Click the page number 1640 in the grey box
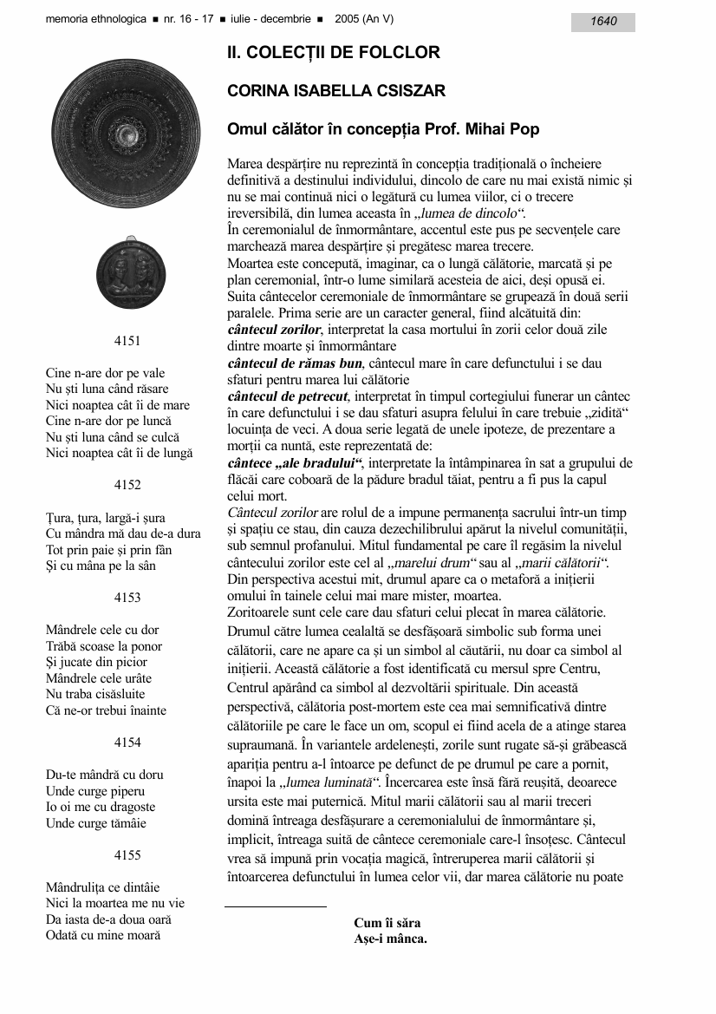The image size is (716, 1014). tap(603, 22)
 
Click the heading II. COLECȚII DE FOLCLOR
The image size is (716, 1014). tap(333, 53)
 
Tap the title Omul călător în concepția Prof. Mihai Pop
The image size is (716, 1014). tap(383, 130)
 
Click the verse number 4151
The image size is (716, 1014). tap(127, 341)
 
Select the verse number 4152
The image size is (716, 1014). tap(127, 485)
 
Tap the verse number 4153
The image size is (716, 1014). tap(127, 598)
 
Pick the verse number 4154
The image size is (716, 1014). tap(127, 743)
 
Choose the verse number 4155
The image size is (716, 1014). tap(127, 855)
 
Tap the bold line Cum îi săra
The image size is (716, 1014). tap(387, 923)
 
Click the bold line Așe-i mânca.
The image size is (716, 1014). tap(390, 939)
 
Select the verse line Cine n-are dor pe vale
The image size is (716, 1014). tap(105, 374)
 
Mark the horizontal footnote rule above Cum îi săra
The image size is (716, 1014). tap(276, 906)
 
